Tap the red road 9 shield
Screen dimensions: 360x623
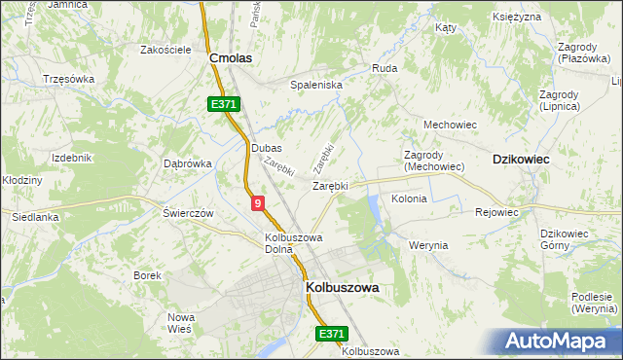pyautogui.click(x=257, y=202)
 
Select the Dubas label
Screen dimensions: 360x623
pyautogui.click(x=266, y=148)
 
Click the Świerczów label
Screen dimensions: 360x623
pyautogui.click(x=188, y=213)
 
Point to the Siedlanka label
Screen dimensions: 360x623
pyautogui.click(x=36, y=218)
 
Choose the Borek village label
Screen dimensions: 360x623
pyautogui.click(x=148, y=275)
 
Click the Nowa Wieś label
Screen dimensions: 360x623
pyautogui.click(x=182, y=323)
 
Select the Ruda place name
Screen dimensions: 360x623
pyautogui.click(x=384, y=69)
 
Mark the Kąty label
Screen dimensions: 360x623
pyautogui.click(x=447, y=28)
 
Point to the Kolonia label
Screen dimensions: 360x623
pyautogui.click(x=409, y=198)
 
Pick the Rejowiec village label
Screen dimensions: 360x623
pyautogui.click(x=496, y=211)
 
